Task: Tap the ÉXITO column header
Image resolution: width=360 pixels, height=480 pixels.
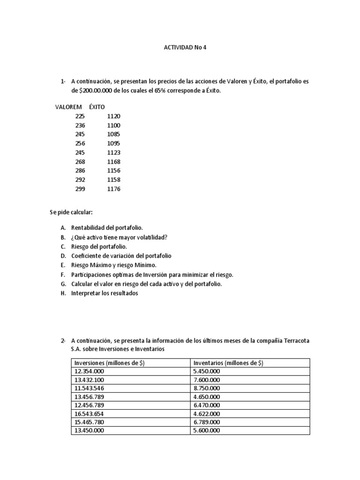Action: (97, 106)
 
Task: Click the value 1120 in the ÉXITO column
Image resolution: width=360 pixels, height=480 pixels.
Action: (113, 116)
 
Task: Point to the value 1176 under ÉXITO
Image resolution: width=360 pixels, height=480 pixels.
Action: (113, 189)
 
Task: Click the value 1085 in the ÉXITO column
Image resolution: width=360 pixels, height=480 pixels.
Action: (113, 134)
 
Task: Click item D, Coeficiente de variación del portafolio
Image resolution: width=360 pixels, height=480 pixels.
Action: (121, 256)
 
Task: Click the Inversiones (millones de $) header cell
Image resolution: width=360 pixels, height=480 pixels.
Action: (109, 363)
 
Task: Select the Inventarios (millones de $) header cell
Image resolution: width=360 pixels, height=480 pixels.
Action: (228, 363)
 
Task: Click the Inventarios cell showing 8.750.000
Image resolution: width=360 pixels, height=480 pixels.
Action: (206, 388)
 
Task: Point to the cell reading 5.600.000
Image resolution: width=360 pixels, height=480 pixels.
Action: (206, 430)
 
